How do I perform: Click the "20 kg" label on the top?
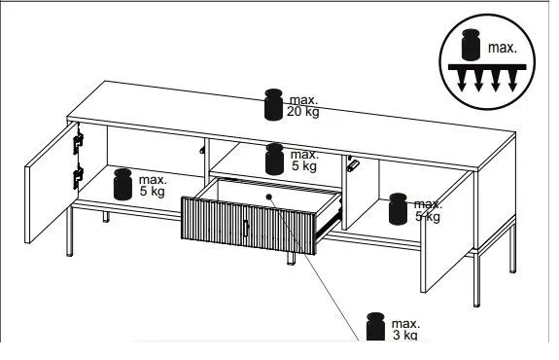pos(303,112)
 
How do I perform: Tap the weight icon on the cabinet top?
pos(274,104)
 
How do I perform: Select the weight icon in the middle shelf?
pos(274,160)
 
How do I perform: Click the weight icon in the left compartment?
pos(122,184)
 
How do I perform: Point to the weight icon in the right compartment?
pos(398,209)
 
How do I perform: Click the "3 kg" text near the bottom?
pos(405,335)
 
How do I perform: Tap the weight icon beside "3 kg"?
pos(376,327)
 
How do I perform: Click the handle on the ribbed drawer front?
pos(246,229)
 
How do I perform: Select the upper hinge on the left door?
pos(78,143)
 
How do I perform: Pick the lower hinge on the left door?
pos(78,177)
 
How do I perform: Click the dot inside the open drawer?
pos(268,197)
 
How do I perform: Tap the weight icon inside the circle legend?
pos(471,45)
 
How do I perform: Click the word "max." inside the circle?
pos(503,48)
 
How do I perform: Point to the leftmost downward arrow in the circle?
pos(462,81)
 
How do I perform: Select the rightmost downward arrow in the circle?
pos(512,81)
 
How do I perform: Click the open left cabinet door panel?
pos(52,183)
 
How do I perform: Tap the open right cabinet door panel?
pos(447,232)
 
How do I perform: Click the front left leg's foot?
pos(70,254)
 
